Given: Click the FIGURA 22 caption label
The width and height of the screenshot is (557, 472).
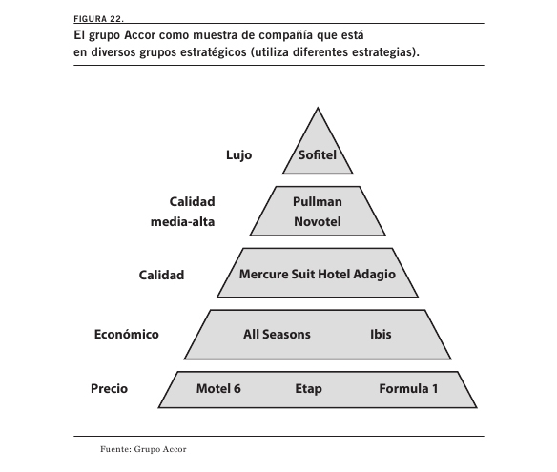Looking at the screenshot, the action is [x=98, y=19].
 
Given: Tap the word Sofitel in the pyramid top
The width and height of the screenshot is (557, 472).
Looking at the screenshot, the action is [x=318, y=154].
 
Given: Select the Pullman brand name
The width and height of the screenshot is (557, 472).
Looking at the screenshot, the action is [x=318, y=202].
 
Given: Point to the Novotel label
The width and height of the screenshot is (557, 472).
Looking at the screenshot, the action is [x=318, y=221].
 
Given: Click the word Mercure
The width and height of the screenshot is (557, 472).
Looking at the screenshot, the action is [x=263, y=275].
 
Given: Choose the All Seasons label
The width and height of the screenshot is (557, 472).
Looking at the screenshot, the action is [x=277, y=334].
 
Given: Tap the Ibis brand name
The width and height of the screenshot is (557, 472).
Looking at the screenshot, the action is [x=381, y=334].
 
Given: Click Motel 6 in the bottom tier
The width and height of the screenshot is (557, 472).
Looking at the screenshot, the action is [x=218, y=388].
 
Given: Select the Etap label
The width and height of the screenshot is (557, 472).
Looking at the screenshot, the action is [x=308, y=389].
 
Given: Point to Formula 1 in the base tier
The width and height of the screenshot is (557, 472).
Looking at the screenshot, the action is [x=408, y=388].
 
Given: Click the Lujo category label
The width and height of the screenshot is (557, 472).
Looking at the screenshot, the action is [x=238, y=155].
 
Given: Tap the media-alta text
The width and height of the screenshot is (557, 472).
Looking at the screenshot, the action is [x=182, y=222].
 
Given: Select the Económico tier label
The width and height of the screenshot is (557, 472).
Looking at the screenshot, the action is [x=127, y=334].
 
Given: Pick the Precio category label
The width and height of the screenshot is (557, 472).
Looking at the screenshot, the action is [x=109, y=388].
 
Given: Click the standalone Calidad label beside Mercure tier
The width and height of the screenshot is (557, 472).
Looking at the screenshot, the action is [x=161, y=275].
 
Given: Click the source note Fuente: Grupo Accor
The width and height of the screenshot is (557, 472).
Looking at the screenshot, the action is [x=143, y=449].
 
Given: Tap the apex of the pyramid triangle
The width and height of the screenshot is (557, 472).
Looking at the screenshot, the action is [x=318, y=108].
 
